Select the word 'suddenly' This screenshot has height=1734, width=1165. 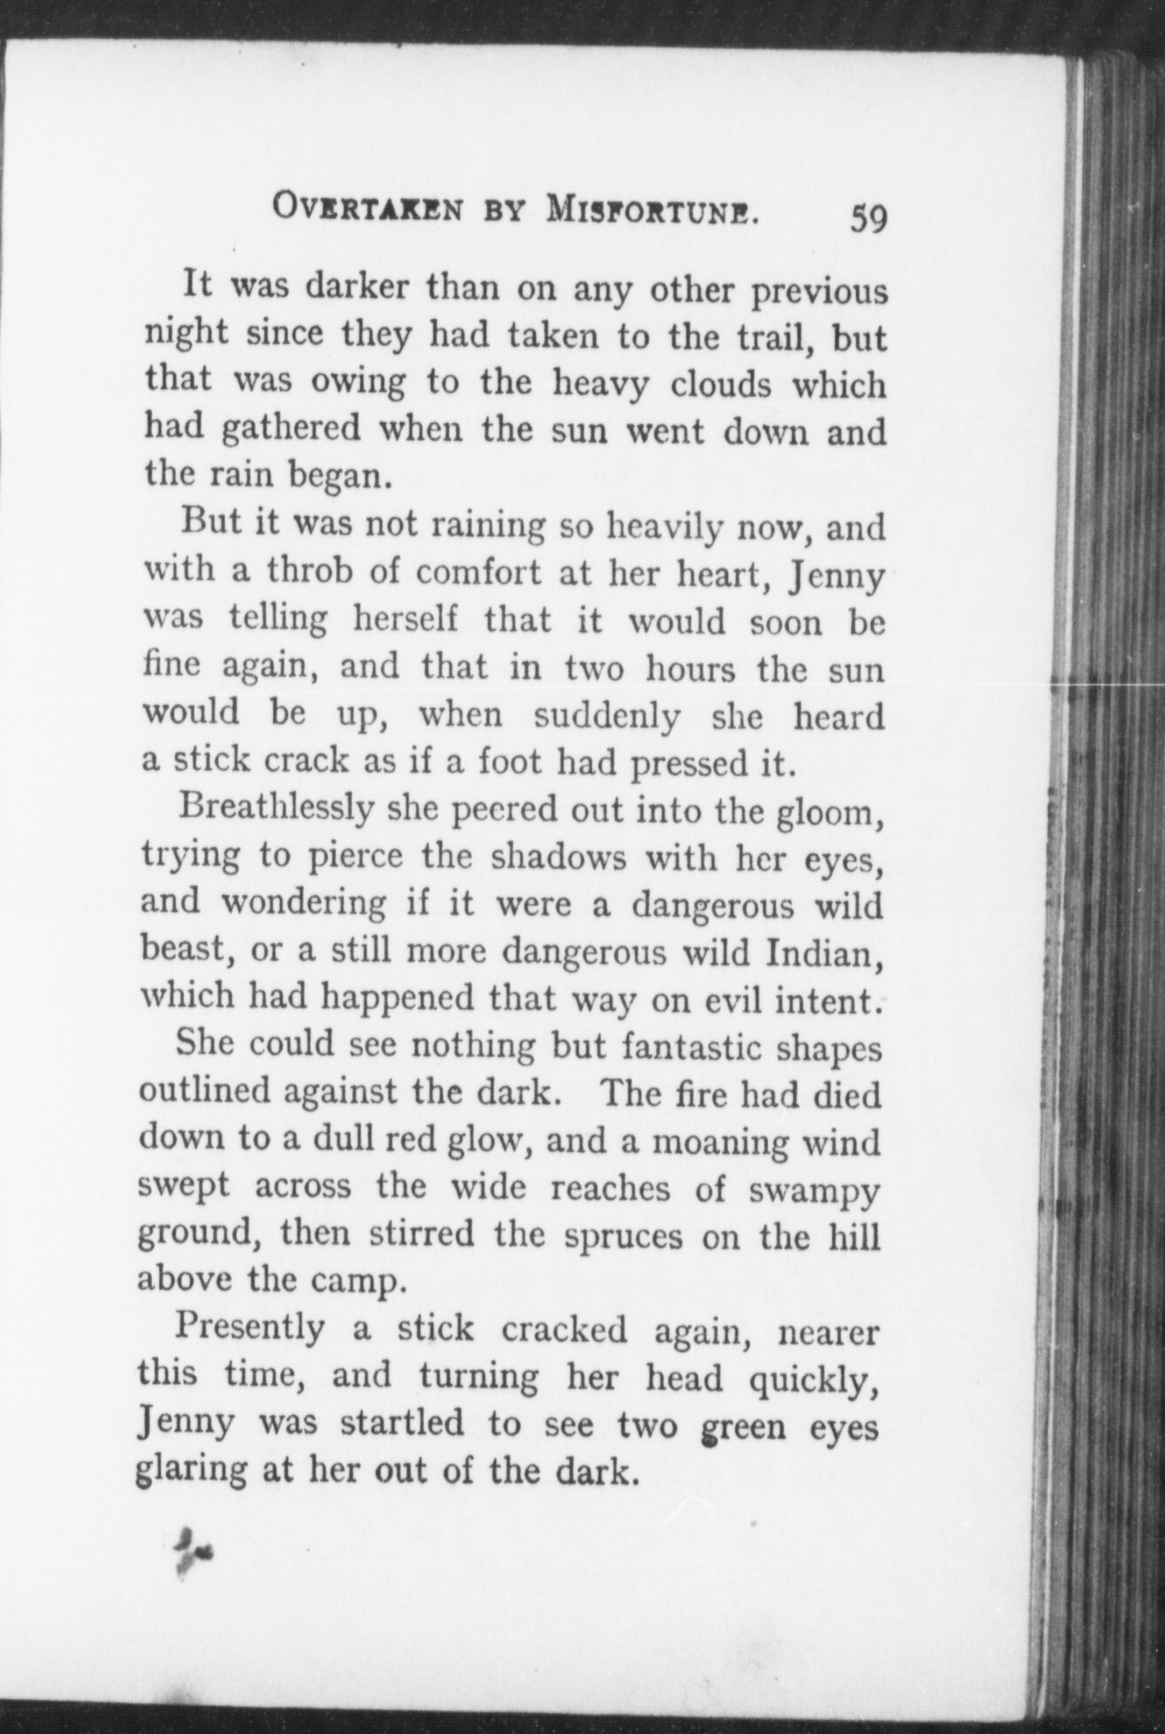tap(605, 716)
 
